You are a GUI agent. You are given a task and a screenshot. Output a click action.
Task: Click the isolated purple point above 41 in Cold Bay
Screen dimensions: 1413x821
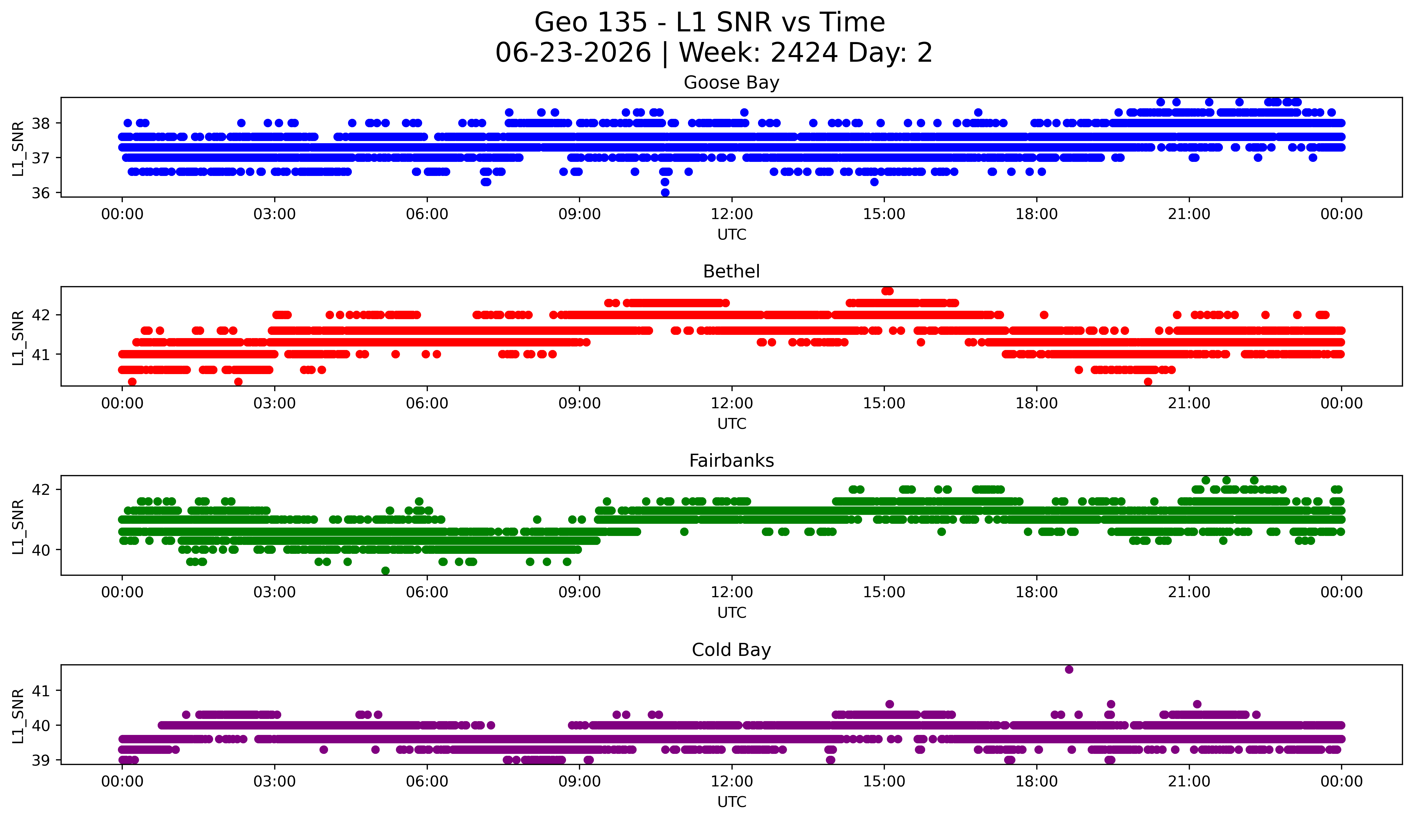click(x=1069, y=669)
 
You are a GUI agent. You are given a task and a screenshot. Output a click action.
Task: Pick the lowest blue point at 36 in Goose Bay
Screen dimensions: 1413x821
click(x=665, y=192)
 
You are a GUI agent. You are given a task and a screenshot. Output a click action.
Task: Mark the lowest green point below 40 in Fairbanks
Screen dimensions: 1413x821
click(x=385, y=571)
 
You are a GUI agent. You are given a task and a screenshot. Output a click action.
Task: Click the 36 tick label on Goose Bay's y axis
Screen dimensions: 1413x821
click(x=40, y=193)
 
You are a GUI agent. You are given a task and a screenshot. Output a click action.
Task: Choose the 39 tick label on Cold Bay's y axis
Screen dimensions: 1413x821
click(x=40, y=760)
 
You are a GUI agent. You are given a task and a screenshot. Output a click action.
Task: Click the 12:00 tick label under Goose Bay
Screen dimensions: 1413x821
click(x=732, y=214)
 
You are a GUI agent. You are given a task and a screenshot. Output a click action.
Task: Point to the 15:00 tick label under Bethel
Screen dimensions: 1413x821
click(x=884, y=404)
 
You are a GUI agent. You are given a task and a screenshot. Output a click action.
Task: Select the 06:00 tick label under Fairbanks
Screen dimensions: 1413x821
click(x=427, y=593)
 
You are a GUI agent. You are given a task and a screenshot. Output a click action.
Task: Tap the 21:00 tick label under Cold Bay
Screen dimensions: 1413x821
click(x=1189, y=782)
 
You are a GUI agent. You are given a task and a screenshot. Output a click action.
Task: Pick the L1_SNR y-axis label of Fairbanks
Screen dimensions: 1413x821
click(x=18, y=526)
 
